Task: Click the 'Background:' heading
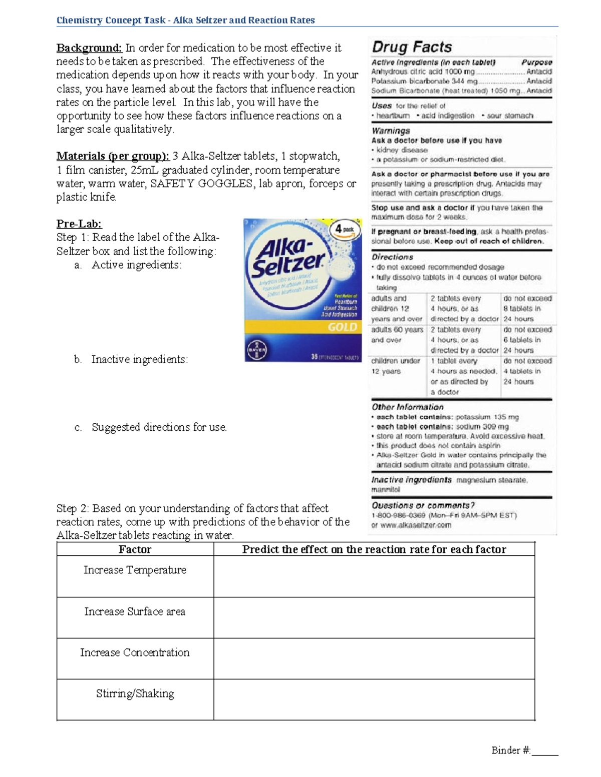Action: pyautogui.click(x=89, y=48)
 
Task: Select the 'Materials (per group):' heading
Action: pyautogui.click(x=113, y=156)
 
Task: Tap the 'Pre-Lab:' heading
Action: pyautogui.click(x=79, y=224)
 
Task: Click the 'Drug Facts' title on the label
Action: pyautogui.click(x=412, y=48)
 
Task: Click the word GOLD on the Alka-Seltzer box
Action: pyautogui.click(x=342, y=327)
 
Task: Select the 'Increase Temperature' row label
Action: pyautogui.click(x=135, y=570)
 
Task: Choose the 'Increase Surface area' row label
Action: pyautogui.click(x=135, y=611)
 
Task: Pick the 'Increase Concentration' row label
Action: pyautogui.click(x=135, y=652)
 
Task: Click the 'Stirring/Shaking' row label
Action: pyautogui.click(x=135, y=693)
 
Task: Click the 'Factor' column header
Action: pyautogui.click(x=135, y=549)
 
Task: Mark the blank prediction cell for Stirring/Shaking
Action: pyautogui.click(x=374, y=699)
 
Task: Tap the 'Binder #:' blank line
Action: pyautogui.click(x=545, y=751)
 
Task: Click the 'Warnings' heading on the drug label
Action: pyautogui.click(x=391, y=131)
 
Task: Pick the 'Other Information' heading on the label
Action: pyautogui.click(x=407, y=407)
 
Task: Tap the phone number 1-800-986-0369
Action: pyautogui.click(x=398, y=515)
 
